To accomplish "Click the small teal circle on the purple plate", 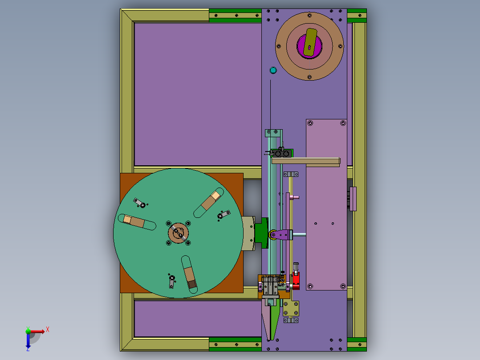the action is coord(273,70).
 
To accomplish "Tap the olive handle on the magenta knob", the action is coord(310,43).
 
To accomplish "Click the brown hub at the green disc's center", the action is coord(178,233).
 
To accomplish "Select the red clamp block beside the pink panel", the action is coord(296,280).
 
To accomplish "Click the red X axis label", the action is coord(48,330).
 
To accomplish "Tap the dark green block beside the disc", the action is coord(261,233).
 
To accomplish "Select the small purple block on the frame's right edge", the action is coord(353,199).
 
